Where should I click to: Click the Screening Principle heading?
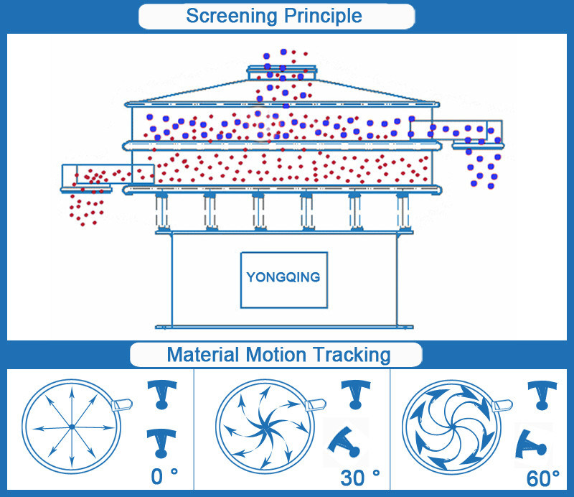click(x=274, y=15)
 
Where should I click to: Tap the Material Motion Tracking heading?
click(x=278, y=355)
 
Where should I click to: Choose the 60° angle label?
click(x=543, y=477)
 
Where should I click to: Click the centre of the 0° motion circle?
click(x=72, y=427)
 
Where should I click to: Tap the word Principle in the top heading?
click(x=321, y=15)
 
